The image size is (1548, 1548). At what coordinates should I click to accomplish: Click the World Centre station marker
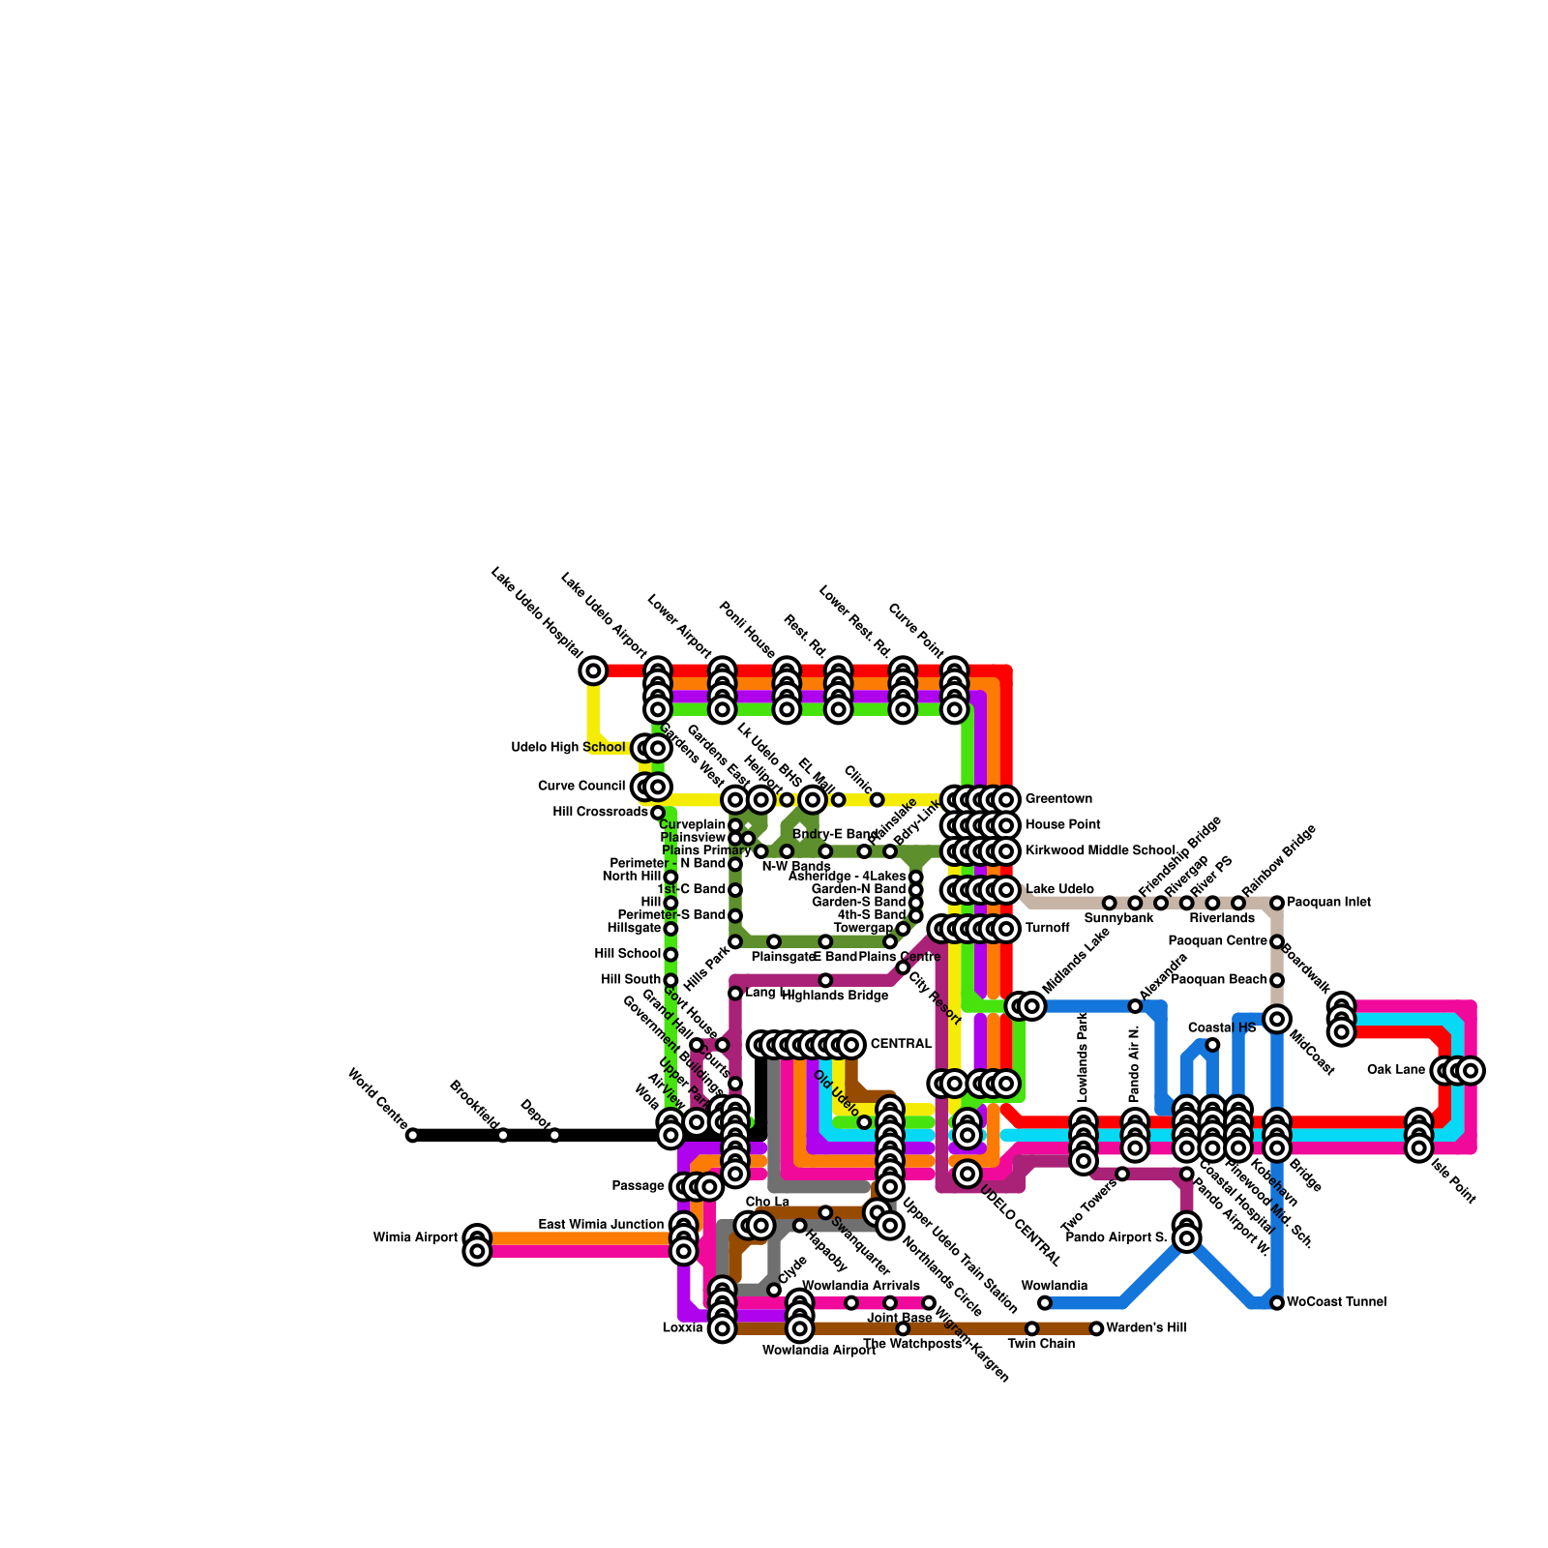(x=412, y=1135)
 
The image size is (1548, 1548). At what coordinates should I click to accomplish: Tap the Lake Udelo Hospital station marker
(x=593, y=670)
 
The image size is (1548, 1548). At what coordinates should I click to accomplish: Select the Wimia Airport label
(x=415, y=1237)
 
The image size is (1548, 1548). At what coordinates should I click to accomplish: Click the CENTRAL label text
(x=901, y=1044)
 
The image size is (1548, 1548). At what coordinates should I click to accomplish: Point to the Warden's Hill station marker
(x=1096, y=1328)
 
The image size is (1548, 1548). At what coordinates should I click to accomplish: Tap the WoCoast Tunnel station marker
(x=1277, y=1303)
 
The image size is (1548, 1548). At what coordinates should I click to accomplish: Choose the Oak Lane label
(x=1396, y=1070)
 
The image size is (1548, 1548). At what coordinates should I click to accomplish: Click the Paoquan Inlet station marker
(x=1277, y=903)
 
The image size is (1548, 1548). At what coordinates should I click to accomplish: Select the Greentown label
(x=1058, y=799)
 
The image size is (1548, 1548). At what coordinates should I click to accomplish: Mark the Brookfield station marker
(x=503, y=1135)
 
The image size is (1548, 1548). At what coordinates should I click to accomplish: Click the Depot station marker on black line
(x=554, y=1135)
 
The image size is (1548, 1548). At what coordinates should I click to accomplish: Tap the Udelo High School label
(x=568, y=748)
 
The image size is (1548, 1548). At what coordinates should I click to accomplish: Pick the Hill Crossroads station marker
(x=658, y=812)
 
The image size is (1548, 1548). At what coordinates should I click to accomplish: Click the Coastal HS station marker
(x=1212, y=1045)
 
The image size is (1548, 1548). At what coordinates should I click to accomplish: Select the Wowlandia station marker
(x=1045, y=1303)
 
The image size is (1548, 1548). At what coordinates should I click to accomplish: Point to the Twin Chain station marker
(x=1032, y=1328)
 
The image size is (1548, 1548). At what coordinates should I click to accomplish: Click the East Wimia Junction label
(x=601, y=1225)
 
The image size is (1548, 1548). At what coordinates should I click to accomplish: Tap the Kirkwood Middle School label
(x=1100, y=850)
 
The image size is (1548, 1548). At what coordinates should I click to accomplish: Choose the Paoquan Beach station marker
(x=1277, y=980)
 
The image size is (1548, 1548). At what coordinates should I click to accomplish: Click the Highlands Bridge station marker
(x=825, y=980)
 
